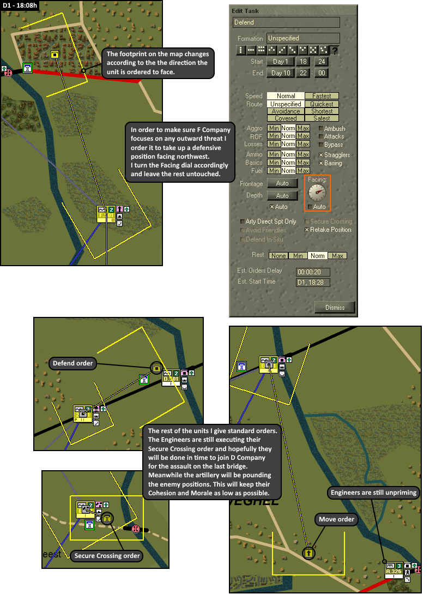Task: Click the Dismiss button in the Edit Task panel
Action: [x=335, y=307]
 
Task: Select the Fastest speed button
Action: [x=322, y=96]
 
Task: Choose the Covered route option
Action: [x=286, y=118]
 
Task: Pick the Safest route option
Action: [x=322, y=118]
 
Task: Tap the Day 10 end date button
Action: [x=281, y=73]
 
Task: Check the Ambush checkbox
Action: [x=320, y=129]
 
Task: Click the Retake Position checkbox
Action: [x=307, y=230]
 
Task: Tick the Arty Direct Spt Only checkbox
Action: [x=243, y=221]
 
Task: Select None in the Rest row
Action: [x=278, y=255]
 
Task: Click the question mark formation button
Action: [x=335, y=51]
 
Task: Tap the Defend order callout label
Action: [x=73, y=363]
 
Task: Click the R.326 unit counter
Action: [x=393, y=572]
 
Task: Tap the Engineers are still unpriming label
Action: [x=373, y=493]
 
